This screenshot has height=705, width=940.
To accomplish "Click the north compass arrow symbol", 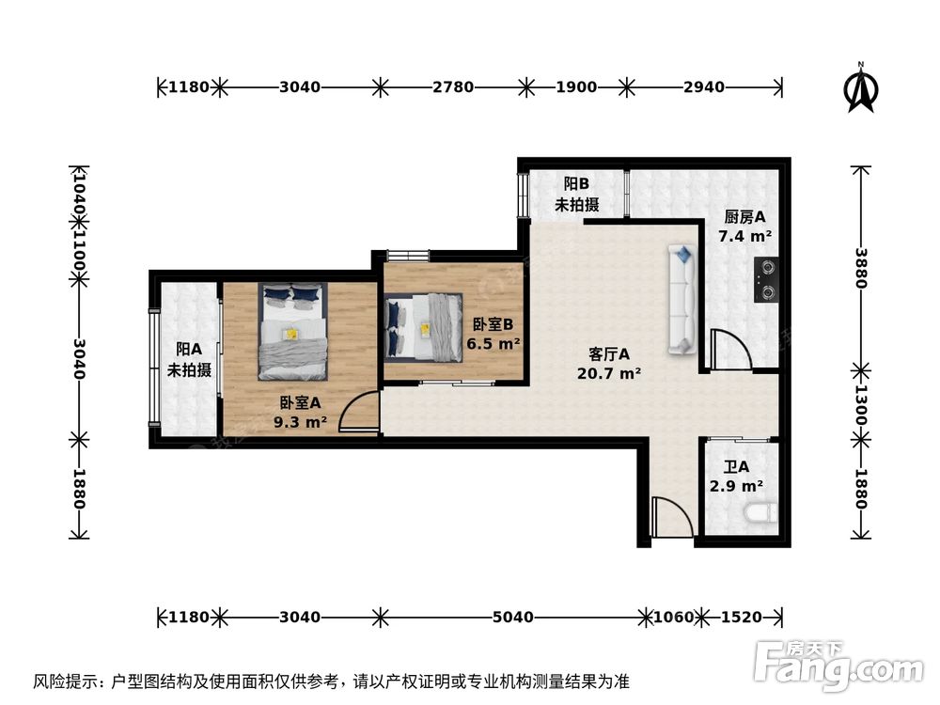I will point(861,88).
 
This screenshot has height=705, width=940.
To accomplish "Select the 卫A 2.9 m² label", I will point(736,476).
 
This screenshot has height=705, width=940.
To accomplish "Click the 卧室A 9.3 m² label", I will point(299,412).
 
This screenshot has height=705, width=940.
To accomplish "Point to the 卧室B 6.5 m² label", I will point(495,334).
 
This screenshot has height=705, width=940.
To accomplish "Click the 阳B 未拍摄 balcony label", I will point(576,194).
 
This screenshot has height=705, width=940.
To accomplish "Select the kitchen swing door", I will point(728,350).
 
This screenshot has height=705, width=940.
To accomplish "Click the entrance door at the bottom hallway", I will point(671,518).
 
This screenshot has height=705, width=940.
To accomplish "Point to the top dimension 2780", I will point(452,87).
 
